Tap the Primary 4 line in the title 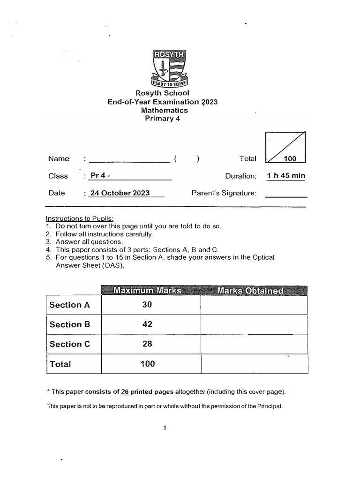162,119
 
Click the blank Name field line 129,159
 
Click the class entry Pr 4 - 101,176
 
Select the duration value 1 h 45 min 286,176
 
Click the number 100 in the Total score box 290,159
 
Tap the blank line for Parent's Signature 286,193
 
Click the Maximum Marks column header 147,291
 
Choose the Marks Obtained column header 250,291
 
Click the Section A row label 69,305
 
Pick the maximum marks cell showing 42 148,324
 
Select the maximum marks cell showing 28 148,344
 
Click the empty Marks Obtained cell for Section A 254,305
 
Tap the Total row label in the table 60,364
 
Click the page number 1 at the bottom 165,427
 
